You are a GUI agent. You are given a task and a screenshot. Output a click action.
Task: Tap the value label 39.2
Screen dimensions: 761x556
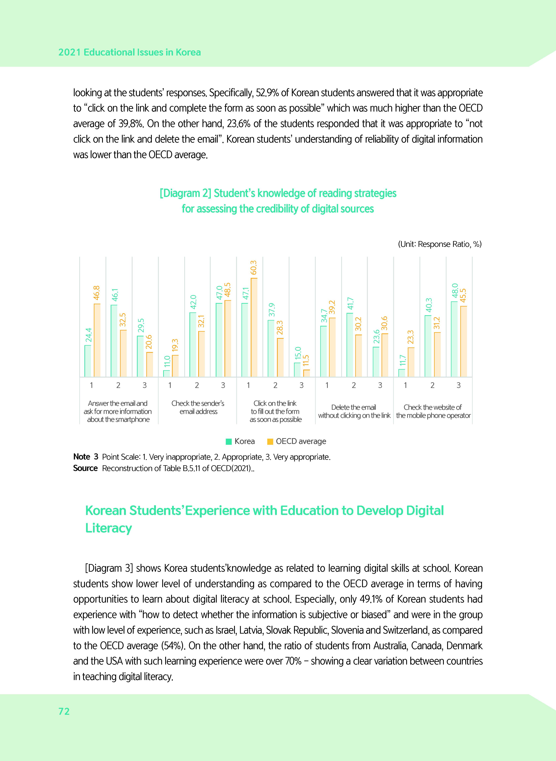pyautogui.click(x=332, y=307)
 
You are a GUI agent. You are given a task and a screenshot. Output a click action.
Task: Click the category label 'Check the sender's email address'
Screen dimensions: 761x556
pyautogui.click(x=198, y=407)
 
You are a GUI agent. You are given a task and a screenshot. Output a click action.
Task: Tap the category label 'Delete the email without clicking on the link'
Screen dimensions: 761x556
pyautogui.click(x=354, y=411)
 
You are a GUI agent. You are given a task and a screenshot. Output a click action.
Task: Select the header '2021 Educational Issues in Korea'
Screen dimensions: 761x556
pyautogui.click(x=130, y=53)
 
